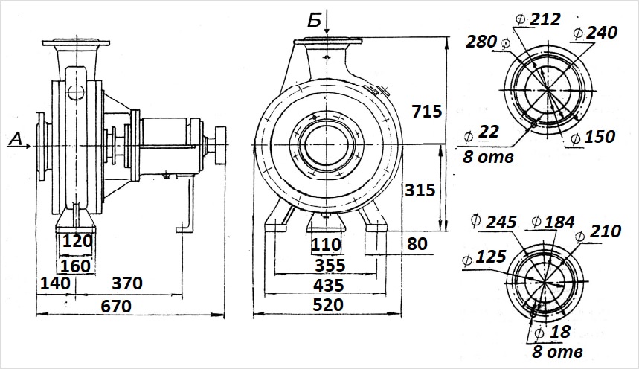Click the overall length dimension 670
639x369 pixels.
[116, 307]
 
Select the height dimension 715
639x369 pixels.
[427, 112]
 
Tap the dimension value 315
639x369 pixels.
[420, 190]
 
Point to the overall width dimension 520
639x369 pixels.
[328, 304]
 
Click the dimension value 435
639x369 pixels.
[329, 286]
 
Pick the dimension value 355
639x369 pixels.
[330, 266]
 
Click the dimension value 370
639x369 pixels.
[127, 283]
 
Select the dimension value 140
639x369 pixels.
[55, 283]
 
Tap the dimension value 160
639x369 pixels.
[75, 266]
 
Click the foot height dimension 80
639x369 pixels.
[417, 244]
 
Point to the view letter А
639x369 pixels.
[15, 139]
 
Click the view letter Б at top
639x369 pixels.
[314, 20]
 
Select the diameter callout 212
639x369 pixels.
[538, 19]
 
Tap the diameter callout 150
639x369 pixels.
[593, 138]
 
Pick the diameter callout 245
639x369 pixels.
[493, 222]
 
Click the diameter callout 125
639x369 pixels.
[484, 257]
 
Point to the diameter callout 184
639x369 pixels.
[553, 222]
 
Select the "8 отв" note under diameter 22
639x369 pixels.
[488, 156]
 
